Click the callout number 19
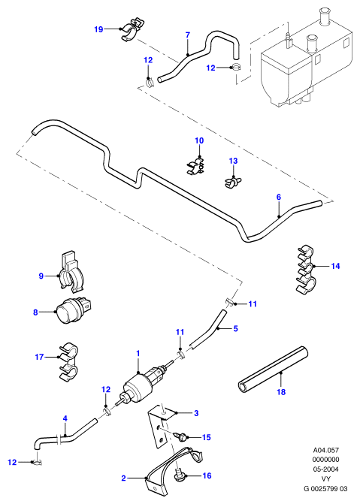pos(98,29)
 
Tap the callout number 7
pos(188,35)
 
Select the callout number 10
pos(199,140)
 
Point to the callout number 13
pos(233,161)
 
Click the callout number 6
pos(279,197)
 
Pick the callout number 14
pos(335,266)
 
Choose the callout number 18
pos(281,392)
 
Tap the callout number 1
pos(138,354)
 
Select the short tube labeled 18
pos(273,369)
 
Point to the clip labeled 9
pos(71,272)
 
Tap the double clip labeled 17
pos(68,361)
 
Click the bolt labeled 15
pos(180,436)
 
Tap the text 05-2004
pos(326,469)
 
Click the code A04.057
pos(326,450)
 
